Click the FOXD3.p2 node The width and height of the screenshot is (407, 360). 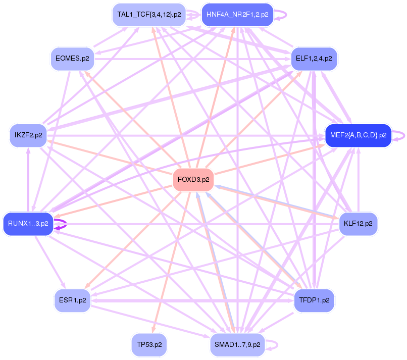click(193, 180)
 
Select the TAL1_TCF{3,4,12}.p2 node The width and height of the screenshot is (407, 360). click(149, 15)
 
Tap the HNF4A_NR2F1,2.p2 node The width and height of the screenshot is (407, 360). click(237, 15)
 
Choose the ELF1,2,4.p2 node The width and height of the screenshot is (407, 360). click(314, 59)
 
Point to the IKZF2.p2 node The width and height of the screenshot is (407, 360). click(28, 135)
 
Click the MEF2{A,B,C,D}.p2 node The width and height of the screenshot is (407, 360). click(358, 135)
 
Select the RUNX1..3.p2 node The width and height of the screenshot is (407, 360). click(28, 223)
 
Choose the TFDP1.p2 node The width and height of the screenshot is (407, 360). click(314, 300)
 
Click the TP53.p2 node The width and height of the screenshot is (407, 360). click(149, 345)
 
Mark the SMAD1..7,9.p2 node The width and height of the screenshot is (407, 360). click(237, 345)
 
